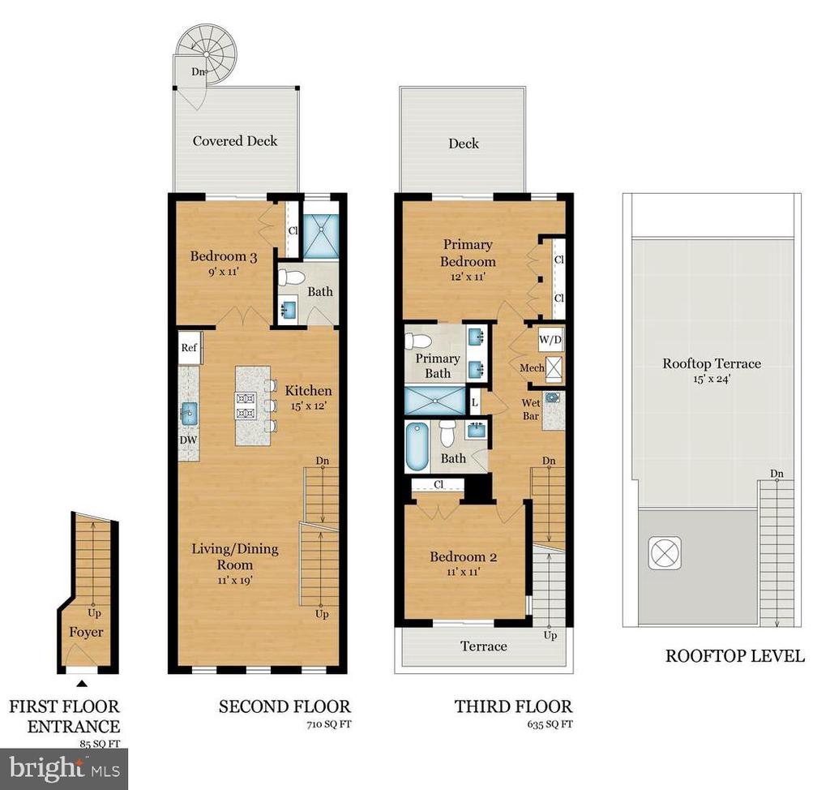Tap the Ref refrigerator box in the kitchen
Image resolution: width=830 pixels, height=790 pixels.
click(x=190, y=348)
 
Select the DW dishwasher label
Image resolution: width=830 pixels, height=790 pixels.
click(x=188, y=440)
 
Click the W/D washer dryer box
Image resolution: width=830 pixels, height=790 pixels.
click(x=550, y=340)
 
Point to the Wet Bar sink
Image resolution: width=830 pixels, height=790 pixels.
click(x=554, y=397)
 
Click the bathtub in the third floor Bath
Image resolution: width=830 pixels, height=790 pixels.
click(x=417, y=446)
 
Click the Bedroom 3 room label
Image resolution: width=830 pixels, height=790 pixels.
click(x=224, y=256)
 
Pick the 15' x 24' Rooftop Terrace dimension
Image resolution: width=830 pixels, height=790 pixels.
click(x=712, y=379)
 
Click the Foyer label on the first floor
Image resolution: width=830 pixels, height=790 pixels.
click(x=86, y=632)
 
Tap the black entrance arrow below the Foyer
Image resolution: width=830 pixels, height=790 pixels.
click(x=82, y=684)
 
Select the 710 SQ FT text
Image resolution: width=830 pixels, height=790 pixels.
click(x=329, y=724)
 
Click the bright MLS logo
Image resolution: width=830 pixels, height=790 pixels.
click(x=63, y=769)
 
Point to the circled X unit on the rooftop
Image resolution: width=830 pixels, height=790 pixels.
click(x=665, y=553)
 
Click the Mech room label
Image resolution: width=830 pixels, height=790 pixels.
click(x=532, y=367)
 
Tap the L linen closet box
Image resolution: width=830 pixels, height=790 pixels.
click(x=475, y=402)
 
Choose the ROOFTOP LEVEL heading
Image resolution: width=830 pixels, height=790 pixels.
click(x=734, y=656)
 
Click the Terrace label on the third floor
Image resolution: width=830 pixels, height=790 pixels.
click(x=483, y=646)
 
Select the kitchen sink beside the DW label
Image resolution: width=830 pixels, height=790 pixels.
click(x=189, y=414)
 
